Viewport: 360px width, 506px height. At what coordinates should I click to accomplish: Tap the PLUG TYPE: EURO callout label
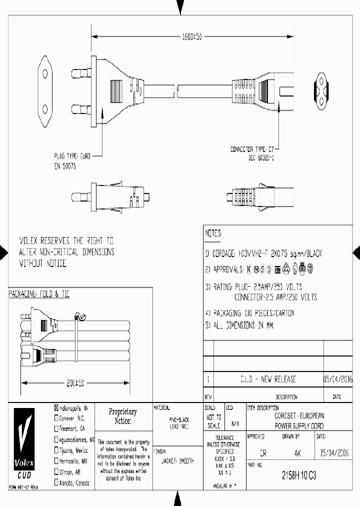(72, 156)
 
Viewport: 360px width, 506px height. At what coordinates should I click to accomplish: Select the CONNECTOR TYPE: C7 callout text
(252, 149)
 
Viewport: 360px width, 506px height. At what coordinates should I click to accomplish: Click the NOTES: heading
(213, 233)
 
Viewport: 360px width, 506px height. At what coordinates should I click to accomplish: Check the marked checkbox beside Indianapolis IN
(56, 407)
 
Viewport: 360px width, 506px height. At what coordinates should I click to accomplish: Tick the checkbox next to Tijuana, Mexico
(56, 450)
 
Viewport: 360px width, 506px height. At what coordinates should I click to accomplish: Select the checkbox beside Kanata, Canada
(56, 483)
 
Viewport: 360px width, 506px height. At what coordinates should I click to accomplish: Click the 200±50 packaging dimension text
(75, 383)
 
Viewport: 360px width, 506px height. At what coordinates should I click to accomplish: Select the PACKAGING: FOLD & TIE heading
(39, 295)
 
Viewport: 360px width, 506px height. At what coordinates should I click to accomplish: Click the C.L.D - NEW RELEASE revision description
(268, 379)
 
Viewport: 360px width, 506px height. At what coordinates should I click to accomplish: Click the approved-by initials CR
(263, 453)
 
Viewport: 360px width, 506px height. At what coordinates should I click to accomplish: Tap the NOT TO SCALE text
(213, 422)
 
